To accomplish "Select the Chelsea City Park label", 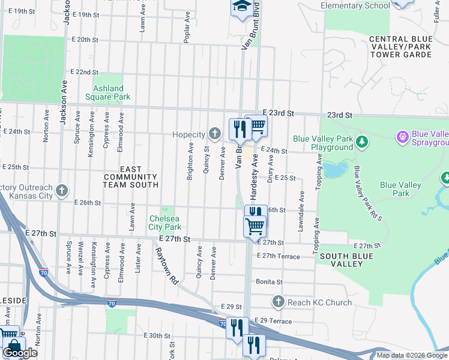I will pyautogui.click(x=165, y=223).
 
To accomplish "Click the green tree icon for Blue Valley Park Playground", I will pyautogui.click(x=362, y=142).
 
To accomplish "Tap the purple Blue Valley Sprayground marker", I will pyautogui.click(x=402, y=137).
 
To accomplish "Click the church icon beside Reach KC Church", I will pyautogui.click(x=277, y=302).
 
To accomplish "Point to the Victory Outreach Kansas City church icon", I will pyautogui.click(x=61, y=191).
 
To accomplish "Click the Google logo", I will pyautogui.click(x=20, y=353).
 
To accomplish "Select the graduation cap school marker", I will pyautogui.click(x=241, y=7).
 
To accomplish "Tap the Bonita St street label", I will pyautogui.click(x=269, y=281).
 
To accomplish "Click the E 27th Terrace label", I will pyautogui.click(x=277, y=256).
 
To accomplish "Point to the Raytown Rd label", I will pyautogui.click(x=167, y=267).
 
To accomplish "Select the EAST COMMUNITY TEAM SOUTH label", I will pyautogui.click(x=131, y=177).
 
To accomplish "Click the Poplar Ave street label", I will pyautogui.click(x=187, y=29).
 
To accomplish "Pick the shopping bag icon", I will pyautogui.click(x=13, y=346).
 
